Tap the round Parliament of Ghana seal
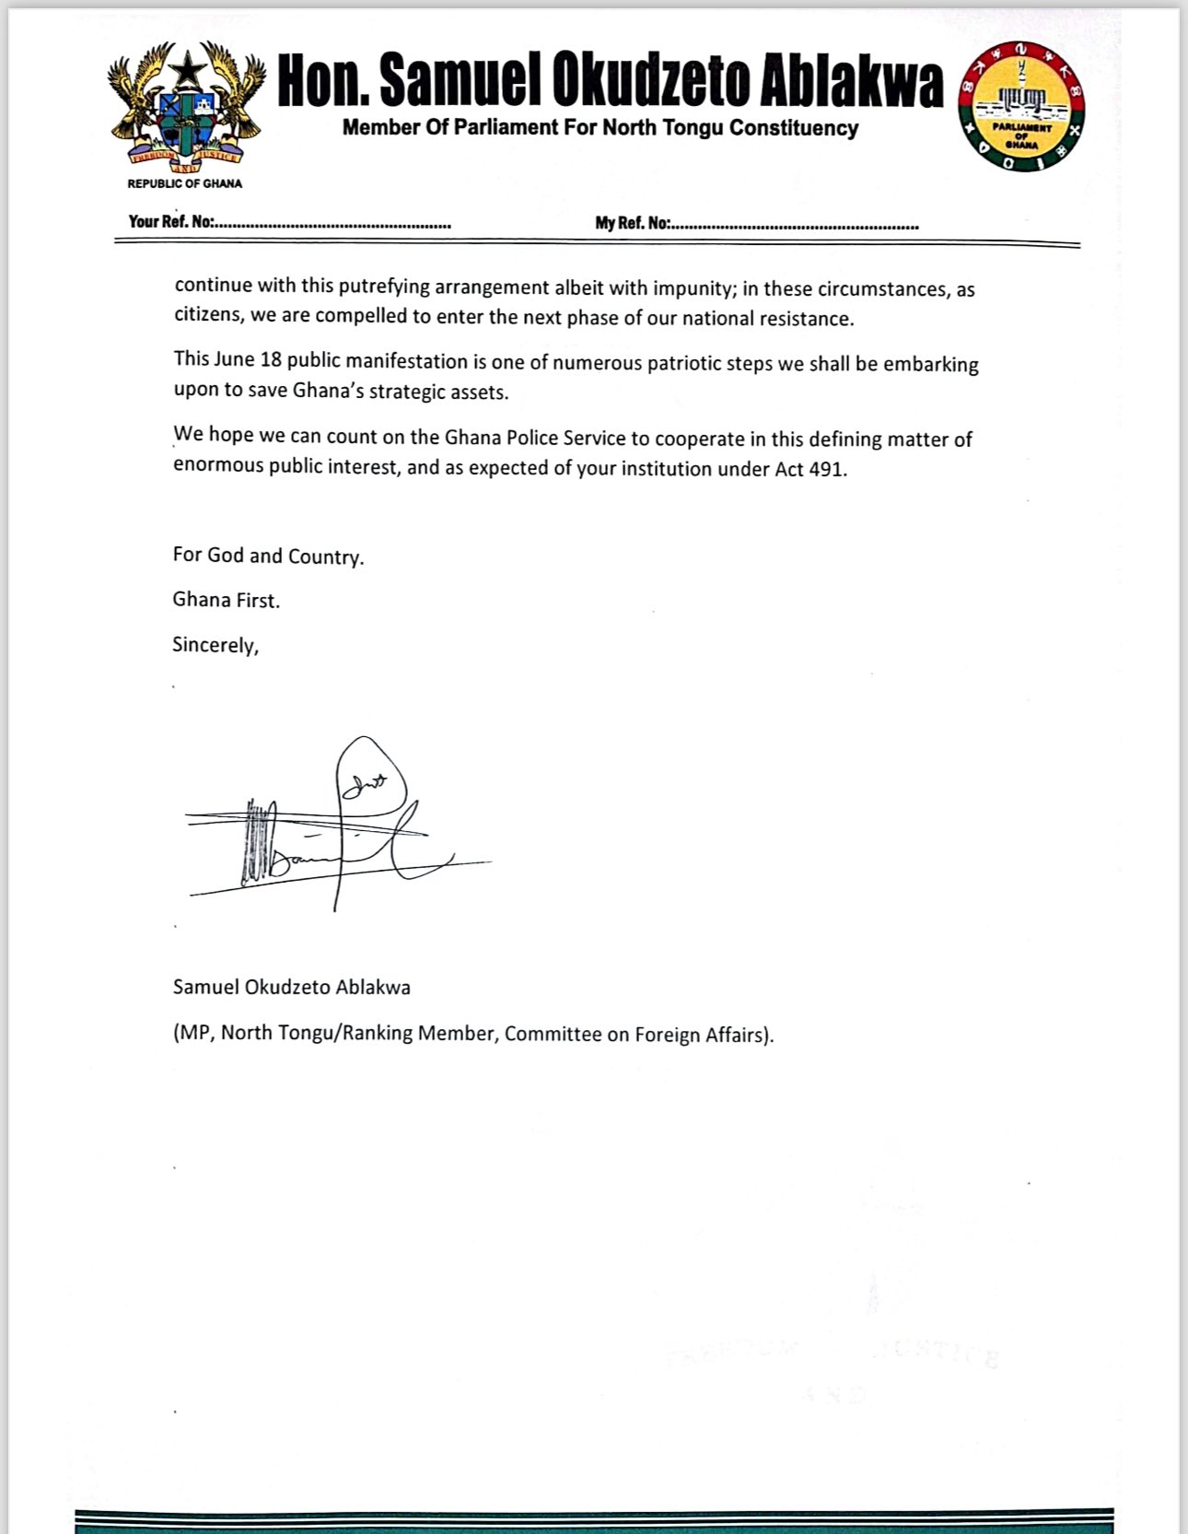[1021, 108]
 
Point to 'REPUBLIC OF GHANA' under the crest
[184, 183]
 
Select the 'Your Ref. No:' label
[171, 222]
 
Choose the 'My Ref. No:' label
[633, 224]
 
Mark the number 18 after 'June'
[271, 359]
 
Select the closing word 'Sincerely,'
[215, 645]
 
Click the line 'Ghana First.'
[226, 600]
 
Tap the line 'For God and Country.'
[268, 556]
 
